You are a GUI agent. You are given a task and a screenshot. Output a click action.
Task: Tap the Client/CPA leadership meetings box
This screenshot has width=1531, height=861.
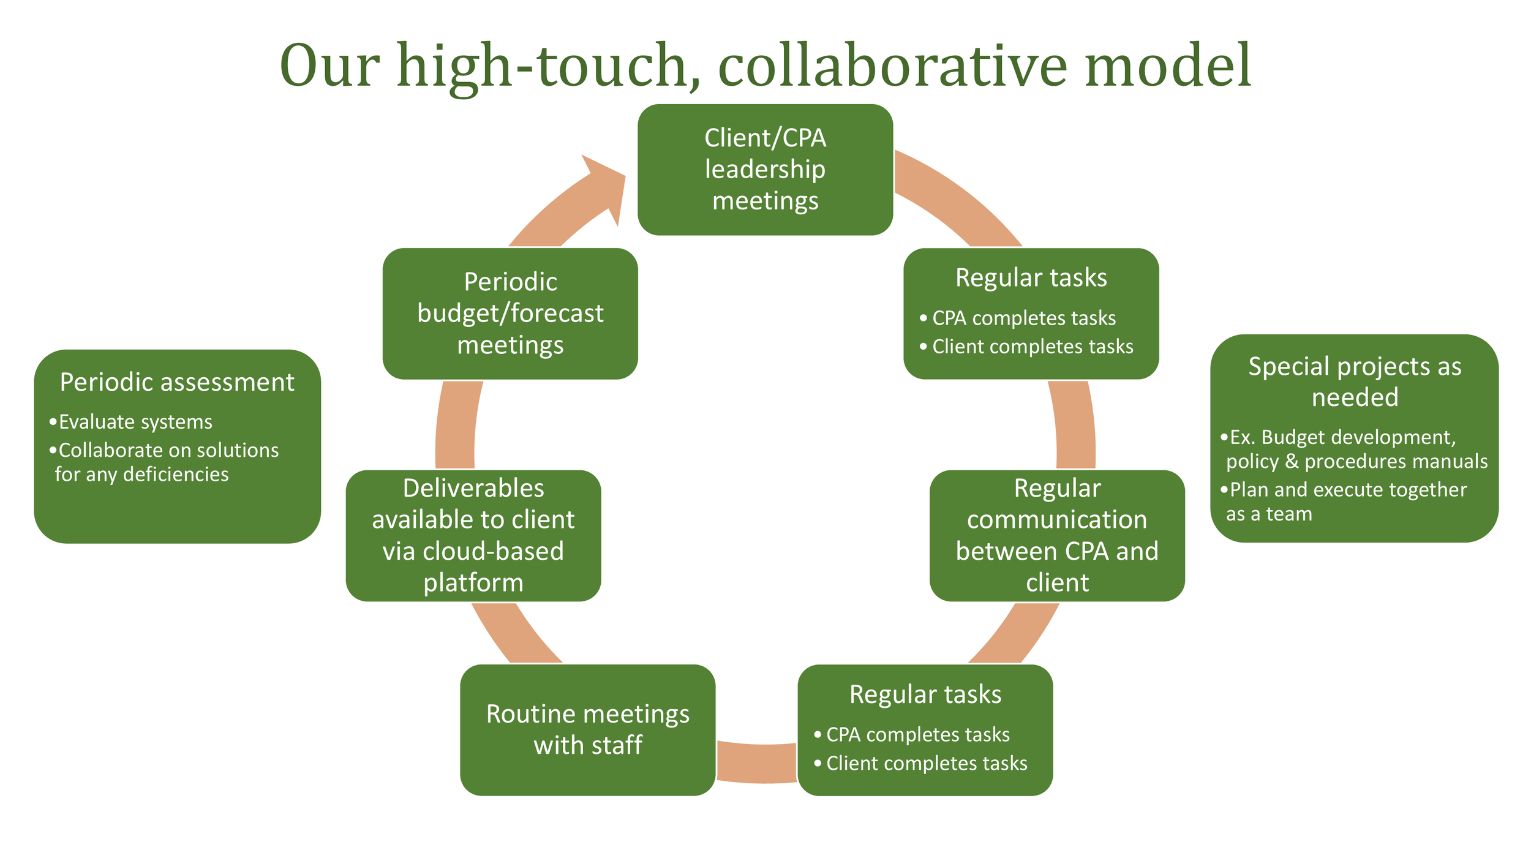(765, 170)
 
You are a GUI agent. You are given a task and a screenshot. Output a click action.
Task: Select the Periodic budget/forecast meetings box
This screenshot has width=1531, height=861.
(510, 314)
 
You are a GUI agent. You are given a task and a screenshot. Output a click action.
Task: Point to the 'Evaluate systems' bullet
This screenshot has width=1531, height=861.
(135, 422)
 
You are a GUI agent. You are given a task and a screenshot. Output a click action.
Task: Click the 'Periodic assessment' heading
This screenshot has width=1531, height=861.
(177, 382)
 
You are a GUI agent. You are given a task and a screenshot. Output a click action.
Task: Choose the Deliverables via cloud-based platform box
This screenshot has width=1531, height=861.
(473, 535)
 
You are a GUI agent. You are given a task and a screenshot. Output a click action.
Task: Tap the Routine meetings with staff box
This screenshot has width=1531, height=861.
(587, 730)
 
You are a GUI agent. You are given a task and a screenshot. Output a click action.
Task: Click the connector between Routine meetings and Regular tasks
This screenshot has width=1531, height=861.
(756, 762)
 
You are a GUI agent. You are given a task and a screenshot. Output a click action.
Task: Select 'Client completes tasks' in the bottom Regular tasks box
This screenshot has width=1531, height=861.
(926, 763)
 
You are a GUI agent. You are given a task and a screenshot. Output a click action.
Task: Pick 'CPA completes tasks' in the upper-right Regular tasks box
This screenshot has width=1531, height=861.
(1023, 318)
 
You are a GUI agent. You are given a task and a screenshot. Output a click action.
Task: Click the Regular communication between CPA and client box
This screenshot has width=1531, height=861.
(1057, 535)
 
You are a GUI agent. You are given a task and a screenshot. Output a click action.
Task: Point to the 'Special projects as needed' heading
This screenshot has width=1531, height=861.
(1355, 382)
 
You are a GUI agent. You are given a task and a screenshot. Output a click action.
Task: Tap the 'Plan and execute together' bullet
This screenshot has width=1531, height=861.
(1347, 490)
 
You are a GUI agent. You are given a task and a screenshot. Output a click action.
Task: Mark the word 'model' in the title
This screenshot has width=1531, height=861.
(1168, 66)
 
